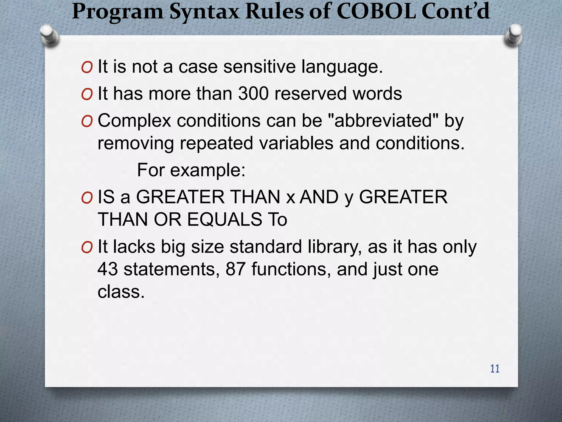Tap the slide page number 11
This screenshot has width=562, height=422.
pos(495,369)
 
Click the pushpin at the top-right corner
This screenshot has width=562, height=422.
pos(513,36)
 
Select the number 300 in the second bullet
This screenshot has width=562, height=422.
pos(253,93)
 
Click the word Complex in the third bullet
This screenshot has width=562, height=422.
pos(134,121)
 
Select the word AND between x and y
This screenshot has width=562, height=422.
pos(319,197)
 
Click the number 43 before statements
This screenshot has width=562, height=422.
pos(108,269)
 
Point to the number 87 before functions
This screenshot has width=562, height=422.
pos(235,269)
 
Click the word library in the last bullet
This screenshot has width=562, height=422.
pos(334,247)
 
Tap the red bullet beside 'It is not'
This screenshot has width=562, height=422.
pos(87,68)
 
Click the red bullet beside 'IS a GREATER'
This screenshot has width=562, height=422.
pos(87,198)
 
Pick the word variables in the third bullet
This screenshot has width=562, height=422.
pos(296,143)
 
